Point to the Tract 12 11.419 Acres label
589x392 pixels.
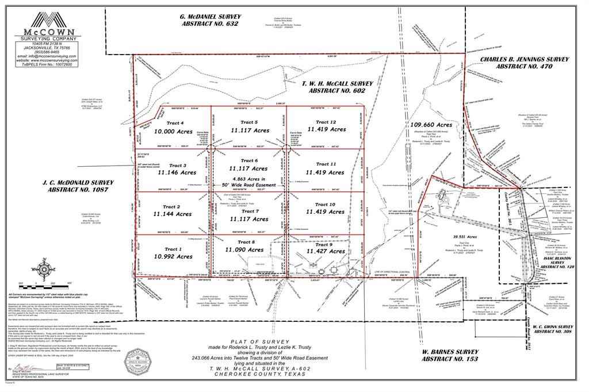click(x=326, y=126)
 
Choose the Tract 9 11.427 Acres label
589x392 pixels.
click(x=326, y=248)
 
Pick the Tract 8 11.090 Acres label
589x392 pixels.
click(x=244, y=246)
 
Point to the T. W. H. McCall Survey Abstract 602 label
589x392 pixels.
click(x=337, y=87)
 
